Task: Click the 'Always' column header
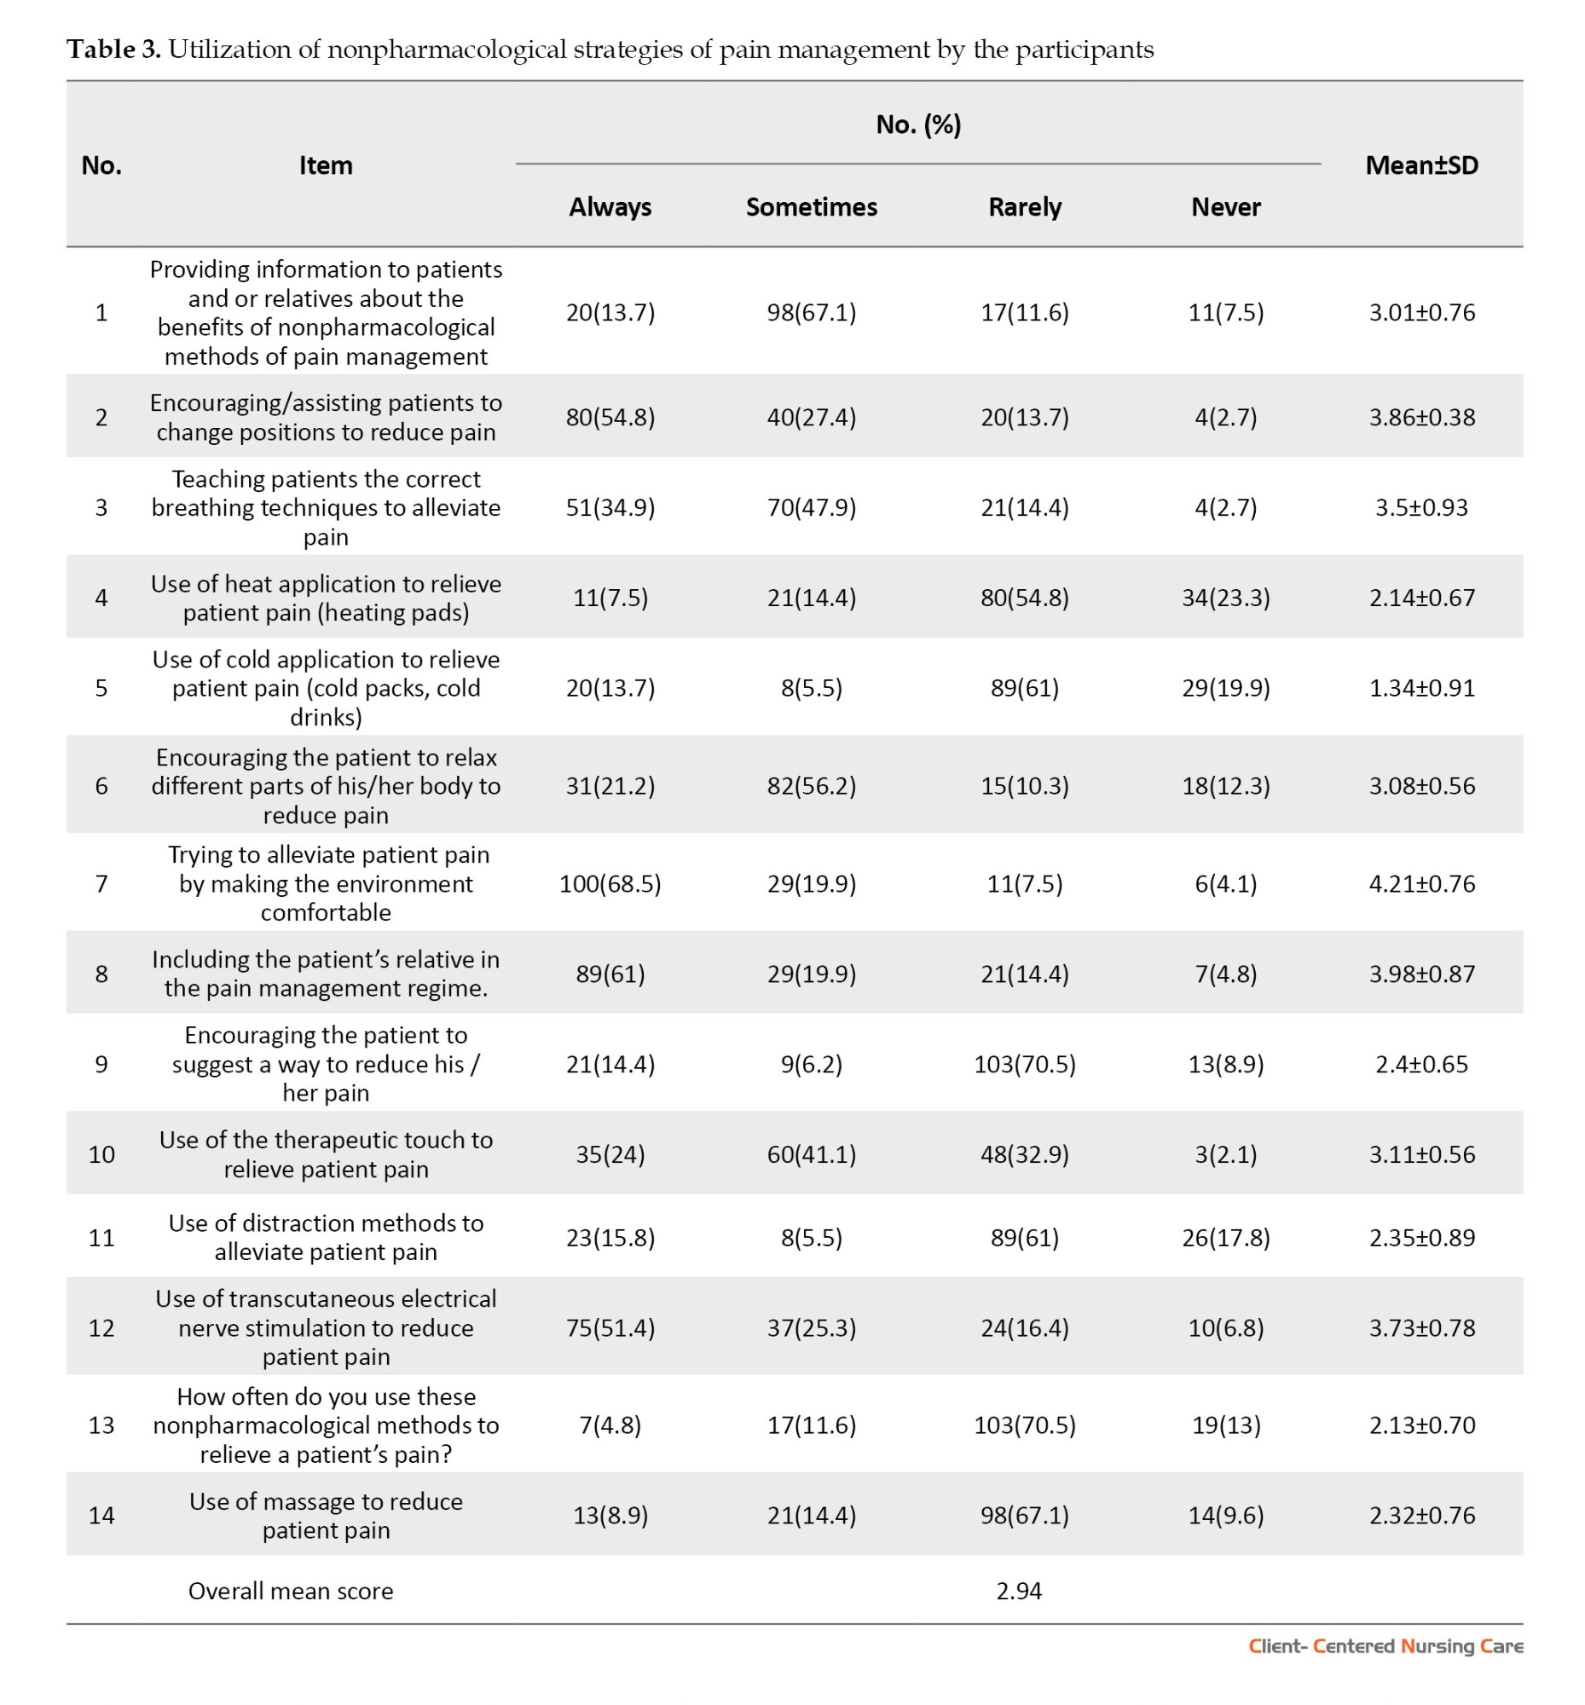(x=610, y=206)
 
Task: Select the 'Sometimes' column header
(x=811, y=206)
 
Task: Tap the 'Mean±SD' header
(x=1421, y=165)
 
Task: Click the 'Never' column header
(x=1226, y=206)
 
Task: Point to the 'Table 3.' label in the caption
(x=114, y=49)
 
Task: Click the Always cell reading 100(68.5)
(x=610, y=883)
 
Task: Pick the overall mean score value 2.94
(x=1018, y=1591)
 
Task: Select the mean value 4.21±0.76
(x=1421, y=883)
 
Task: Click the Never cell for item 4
(x=1226, y=597)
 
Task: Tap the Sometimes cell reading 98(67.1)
(x=811, y=312)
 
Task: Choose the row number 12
(x=101, y=1327)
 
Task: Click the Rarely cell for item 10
(x=1024, y=1154)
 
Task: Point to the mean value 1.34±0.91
(x=1421, y=688)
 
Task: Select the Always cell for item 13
(x=610, y=1425)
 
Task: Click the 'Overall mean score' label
(x=291, y=1591)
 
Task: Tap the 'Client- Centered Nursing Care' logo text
(x=1385, y=1646)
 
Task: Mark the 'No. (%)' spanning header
(x=917, y=125)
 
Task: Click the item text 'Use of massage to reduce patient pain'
(x=326, y=1516)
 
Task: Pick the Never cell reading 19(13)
(x=1226, y=1425)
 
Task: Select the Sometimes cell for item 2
(x=811, y=418)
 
